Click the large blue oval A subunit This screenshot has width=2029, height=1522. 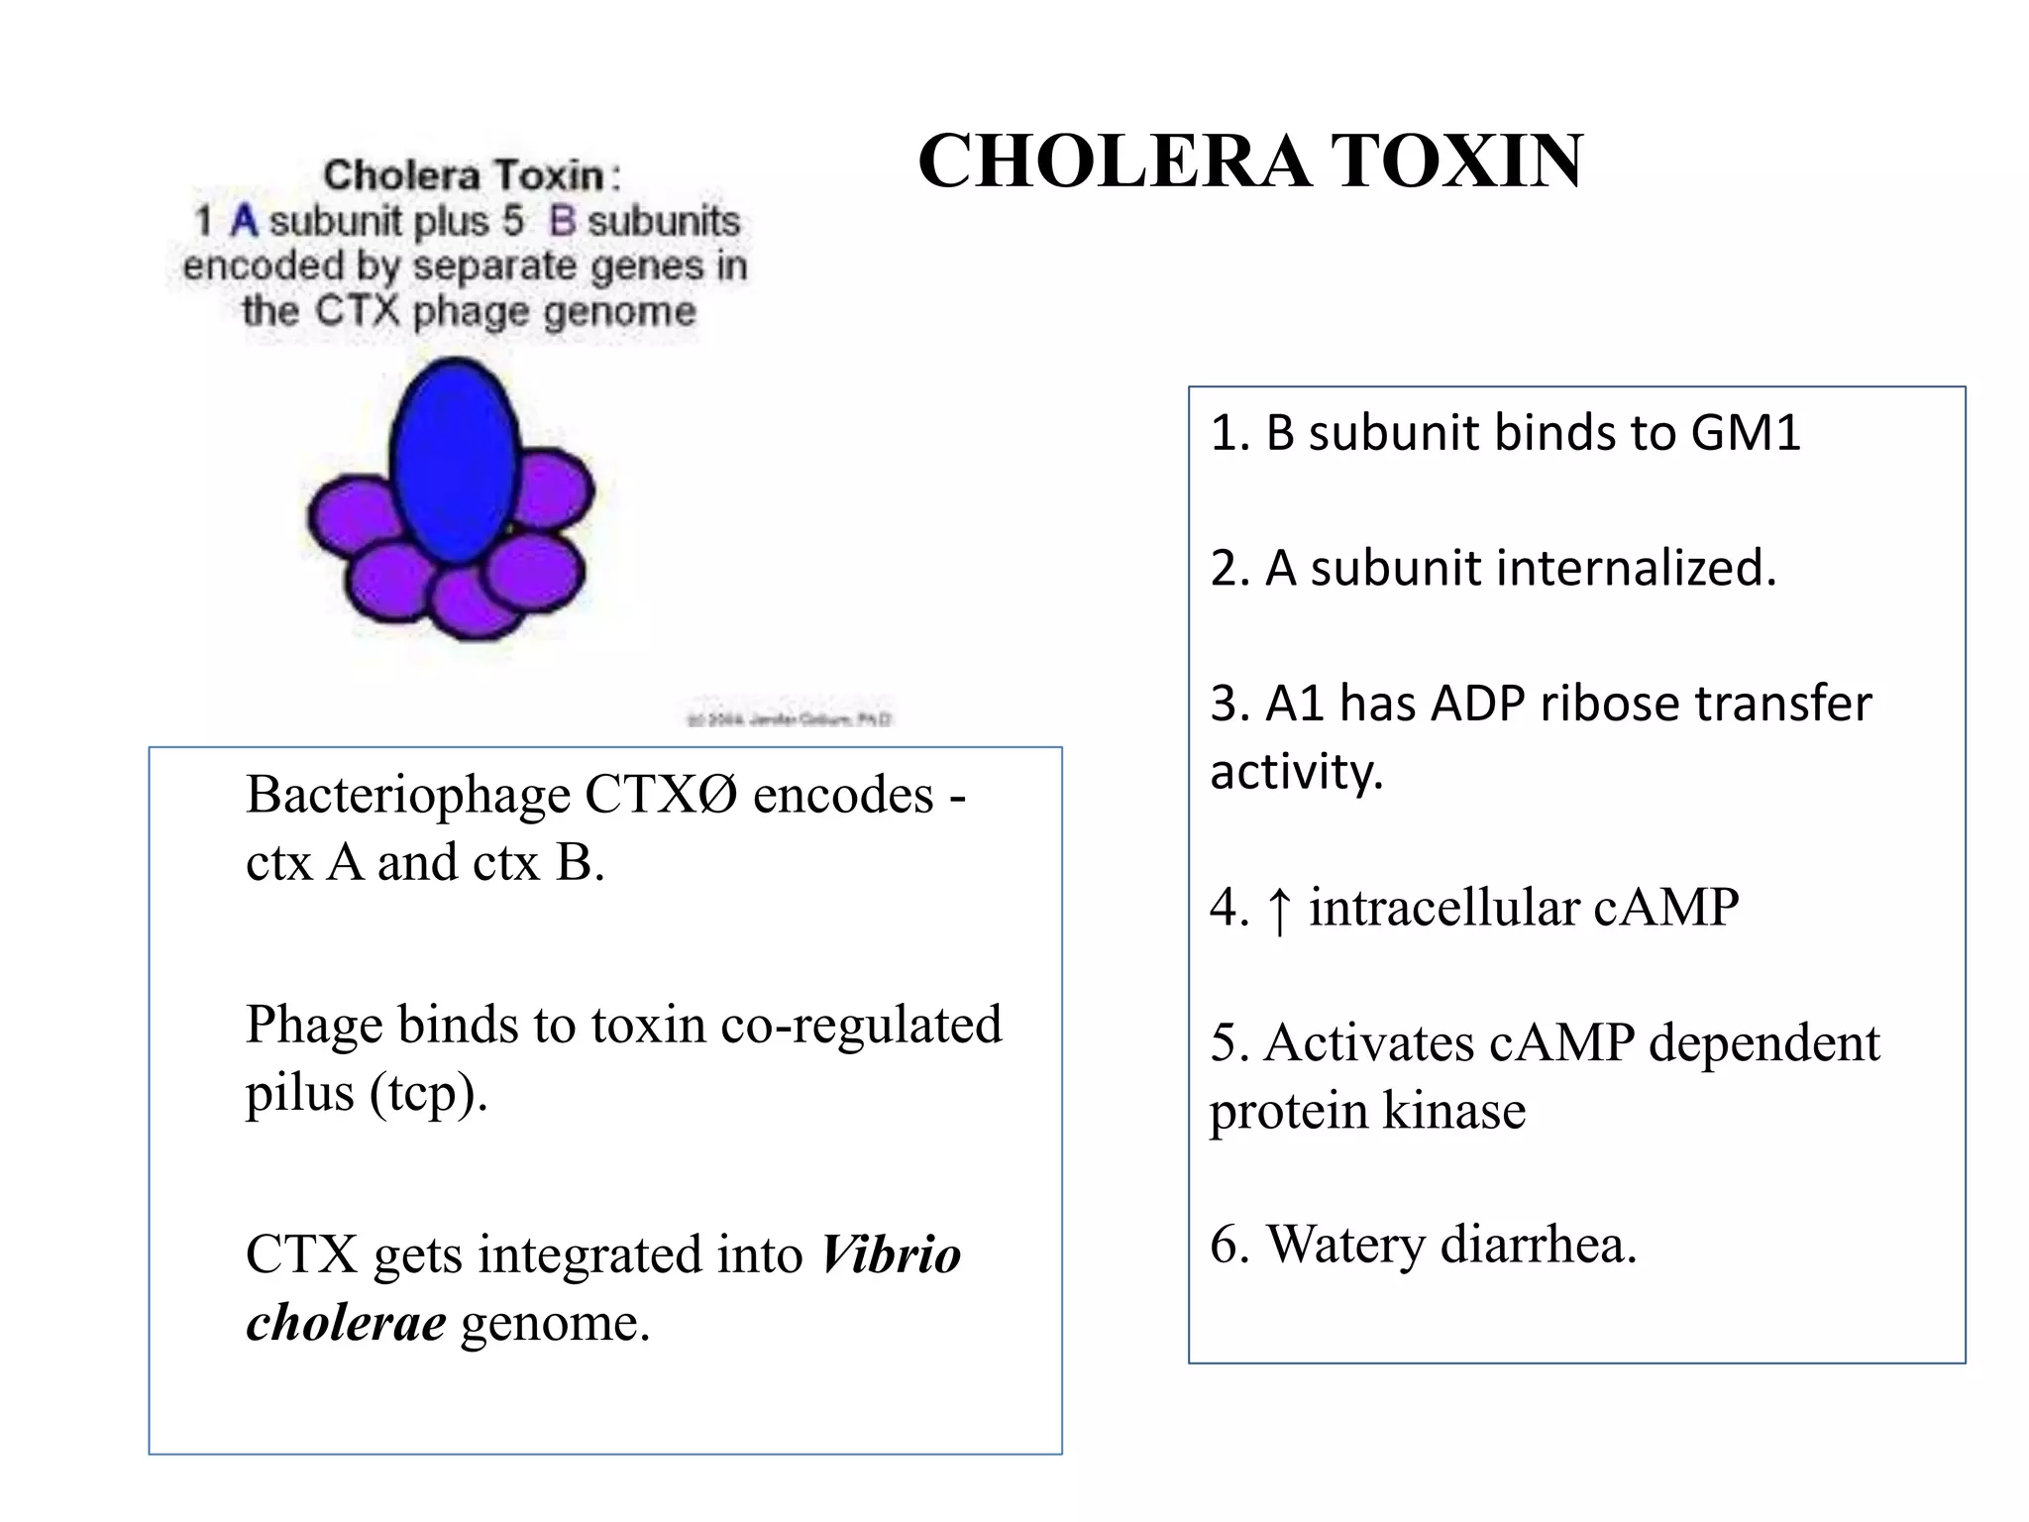(x=455, y=461)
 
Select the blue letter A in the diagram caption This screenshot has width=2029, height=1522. (x=244, y=221)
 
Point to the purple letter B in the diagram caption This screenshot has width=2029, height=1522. (x=562, y=221)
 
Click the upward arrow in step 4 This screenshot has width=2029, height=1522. (x=1279, y=909)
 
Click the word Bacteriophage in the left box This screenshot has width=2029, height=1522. (x=408, y=796)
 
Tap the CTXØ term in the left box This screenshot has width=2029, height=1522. (x=661, y=796)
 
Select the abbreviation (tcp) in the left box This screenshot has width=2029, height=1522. (x=428, y=1094)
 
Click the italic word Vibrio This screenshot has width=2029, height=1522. (x=890, y=1255)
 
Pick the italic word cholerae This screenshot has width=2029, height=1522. (x=346, y=1323)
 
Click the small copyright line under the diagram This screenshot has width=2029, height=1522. (x=789, y=718)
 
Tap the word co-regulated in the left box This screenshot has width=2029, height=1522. (x=860, y=1025)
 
